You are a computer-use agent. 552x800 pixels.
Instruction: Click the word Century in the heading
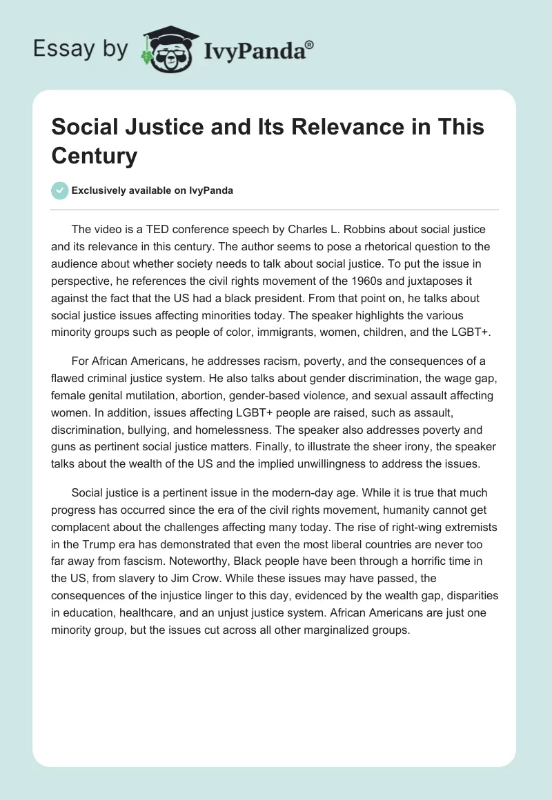pos(94,156)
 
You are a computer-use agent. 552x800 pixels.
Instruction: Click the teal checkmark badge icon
pos(60,190)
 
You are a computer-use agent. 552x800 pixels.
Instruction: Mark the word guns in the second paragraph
pos(64,446)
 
